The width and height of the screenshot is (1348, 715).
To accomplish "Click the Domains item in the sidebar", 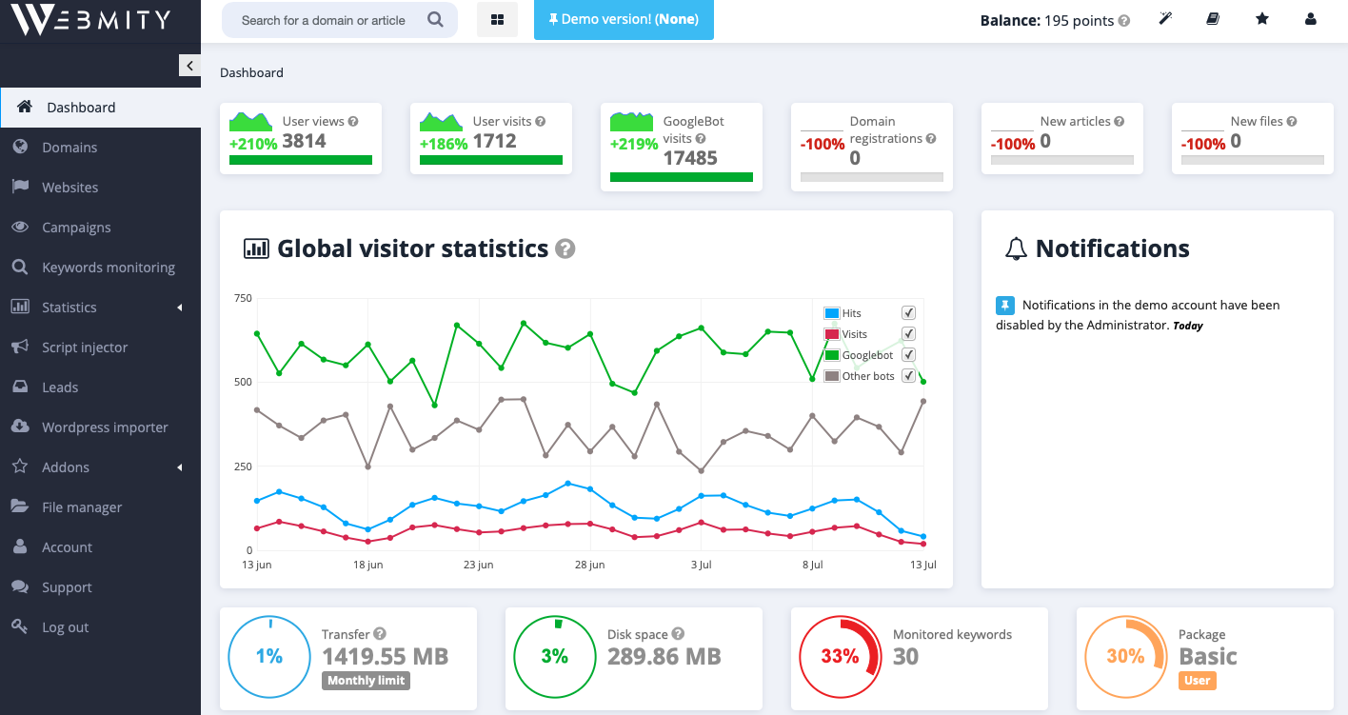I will tap(69, 148).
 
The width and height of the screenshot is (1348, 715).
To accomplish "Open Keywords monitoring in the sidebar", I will tap(108, 268).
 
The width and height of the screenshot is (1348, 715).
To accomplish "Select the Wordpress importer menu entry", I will tap(105, 427).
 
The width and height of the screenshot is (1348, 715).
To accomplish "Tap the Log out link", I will tap(65, 627).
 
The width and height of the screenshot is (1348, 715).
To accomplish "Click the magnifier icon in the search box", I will tap(435, 20).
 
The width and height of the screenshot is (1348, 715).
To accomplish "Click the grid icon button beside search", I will tap(497, 20).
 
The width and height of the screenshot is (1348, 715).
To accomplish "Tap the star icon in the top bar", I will tap(1262, 19).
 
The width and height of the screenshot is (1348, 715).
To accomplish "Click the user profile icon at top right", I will tap(1311, 19).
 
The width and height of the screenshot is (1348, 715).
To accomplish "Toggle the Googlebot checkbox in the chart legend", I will tap(908, 355).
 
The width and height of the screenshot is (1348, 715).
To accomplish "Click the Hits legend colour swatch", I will tap(831, 313).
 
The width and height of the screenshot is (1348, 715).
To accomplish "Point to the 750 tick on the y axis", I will tap(243, 299).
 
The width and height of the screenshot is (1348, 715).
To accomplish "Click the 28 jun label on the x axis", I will tap(589, 565).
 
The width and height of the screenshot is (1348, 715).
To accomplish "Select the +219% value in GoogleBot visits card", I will tap(634, 144).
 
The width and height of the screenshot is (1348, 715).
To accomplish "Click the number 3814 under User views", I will tap(304, 142).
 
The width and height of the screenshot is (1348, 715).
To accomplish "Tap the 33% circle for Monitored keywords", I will tap(840, 657).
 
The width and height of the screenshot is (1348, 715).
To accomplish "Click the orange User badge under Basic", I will tap(1197, 681).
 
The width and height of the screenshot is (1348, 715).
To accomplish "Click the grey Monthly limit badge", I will tap(366, 681).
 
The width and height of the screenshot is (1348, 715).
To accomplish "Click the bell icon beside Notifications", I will tap(1016, 249).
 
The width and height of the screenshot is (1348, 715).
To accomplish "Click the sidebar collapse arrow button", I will tap(189, 66).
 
